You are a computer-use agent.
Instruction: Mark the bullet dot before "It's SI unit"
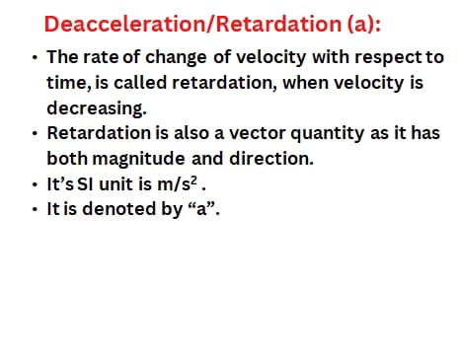35,184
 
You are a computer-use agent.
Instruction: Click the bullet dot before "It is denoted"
35,208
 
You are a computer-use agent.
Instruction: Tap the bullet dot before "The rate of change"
35,60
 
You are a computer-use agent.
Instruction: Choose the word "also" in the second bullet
169,132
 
